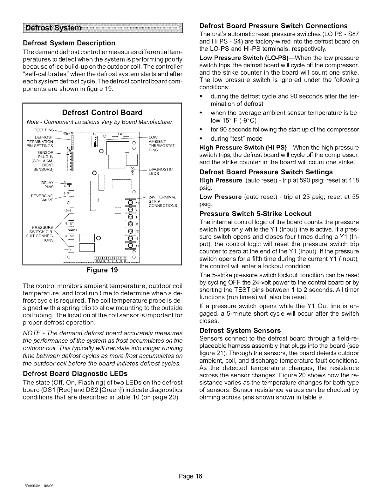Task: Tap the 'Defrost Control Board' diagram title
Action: click(x=102, y=112)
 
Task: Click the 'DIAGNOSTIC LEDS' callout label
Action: click(x=162, y=171)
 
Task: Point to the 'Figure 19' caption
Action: click(x=102, y=270)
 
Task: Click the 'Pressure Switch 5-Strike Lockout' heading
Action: click(x=255, y=213)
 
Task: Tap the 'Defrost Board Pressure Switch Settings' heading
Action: click(x=266, y=172)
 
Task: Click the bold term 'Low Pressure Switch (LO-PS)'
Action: click(x=243, y=58)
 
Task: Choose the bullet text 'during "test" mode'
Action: click(x=236, y=139)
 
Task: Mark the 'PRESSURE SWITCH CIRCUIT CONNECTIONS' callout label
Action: click(x=46, y=229)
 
